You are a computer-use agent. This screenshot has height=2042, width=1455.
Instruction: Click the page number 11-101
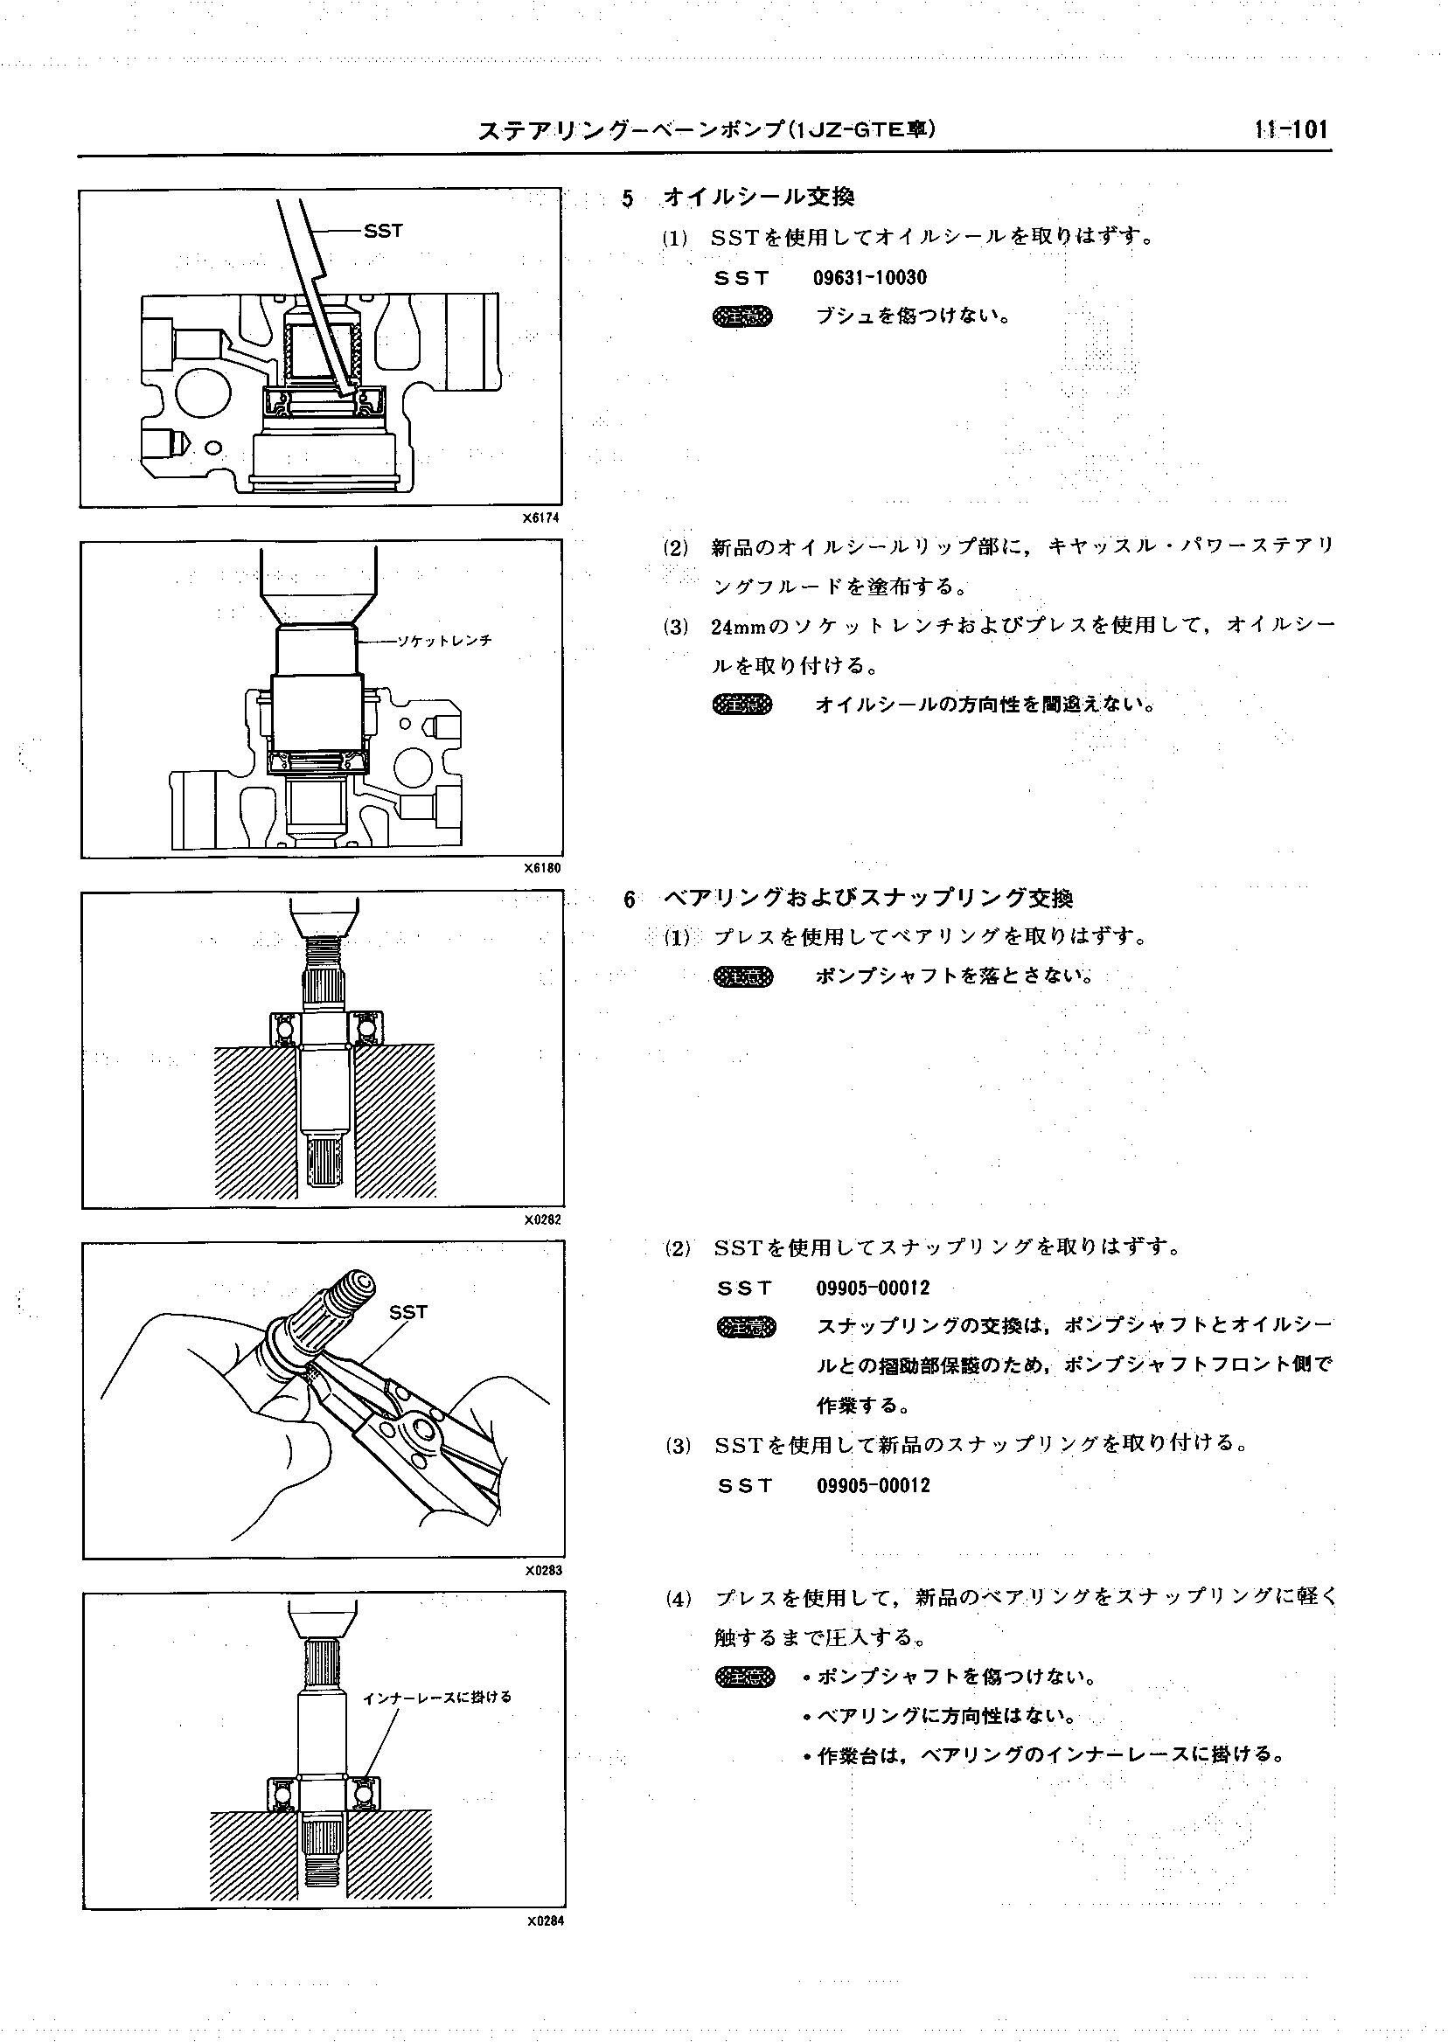(1291, 130)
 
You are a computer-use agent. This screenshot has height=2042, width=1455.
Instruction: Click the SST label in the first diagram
(384, 231)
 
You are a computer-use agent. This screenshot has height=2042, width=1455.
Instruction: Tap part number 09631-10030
(869, 278)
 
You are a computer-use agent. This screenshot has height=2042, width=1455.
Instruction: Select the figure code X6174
(543, 517)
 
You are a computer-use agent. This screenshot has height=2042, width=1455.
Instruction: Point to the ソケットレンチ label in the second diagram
(445, 642)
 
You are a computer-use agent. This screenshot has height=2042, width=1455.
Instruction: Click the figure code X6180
(543, 868)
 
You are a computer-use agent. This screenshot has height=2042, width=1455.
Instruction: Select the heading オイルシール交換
(758, 196)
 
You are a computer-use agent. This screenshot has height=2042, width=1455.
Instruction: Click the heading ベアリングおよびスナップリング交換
(867, 898)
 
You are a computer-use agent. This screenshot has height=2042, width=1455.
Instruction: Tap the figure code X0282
(543, 1219)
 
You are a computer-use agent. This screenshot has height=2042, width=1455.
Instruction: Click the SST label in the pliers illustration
(408, 1312)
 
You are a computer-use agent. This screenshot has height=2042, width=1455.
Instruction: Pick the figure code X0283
(543, 1570)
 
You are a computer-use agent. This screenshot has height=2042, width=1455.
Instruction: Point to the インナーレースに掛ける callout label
(437, 1698)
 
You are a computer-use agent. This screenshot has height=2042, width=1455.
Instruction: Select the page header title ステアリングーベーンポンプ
(707, 131)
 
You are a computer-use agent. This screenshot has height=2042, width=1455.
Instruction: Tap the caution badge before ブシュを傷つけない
(741, 316)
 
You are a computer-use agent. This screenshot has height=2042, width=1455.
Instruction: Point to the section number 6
(630, 899)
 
